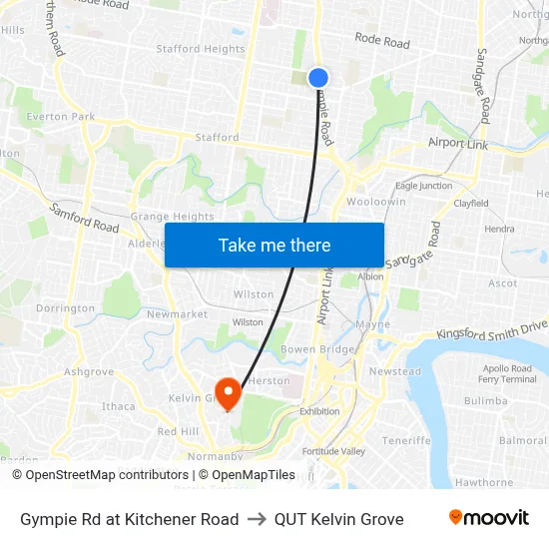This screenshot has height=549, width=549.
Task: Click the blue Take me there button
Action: pos(274,245)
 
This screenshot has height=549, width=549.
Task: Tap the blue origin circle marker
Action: pos(318,78)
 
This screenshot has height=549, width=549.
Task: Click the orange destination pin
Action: pos(229,391)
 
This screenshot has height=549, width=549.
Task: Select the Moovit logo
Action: pos(488,518)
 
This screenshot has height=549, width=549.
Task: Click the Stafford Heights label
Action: pos(201,49)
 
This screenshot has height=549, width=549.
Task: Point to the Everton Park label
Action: pos(61,117)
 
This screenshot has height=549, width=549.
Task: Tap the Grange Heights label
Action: pos(172,216)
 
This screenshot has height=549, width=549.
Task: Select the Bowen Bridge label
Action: pos(317,349)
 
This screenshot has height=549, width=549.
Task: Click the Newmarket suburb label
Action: pos(177,314)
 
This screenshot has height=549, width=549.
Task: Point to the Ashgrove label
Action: pos(89,371)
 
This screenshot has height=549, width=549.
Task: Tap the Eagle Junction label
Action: pos(423,186)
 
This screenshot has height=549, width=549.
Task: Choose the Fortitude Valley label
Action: pos(333,451)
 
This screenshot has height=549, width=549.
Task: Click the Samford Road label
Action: pos(84,220)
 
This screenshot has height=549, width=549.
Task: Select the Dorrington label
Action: pos(65,309)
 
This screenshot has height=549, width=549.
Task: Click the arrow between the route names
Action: pos(257,519)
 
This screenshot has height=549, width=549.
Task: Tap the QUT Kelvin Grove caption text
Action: pos(339,519)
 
